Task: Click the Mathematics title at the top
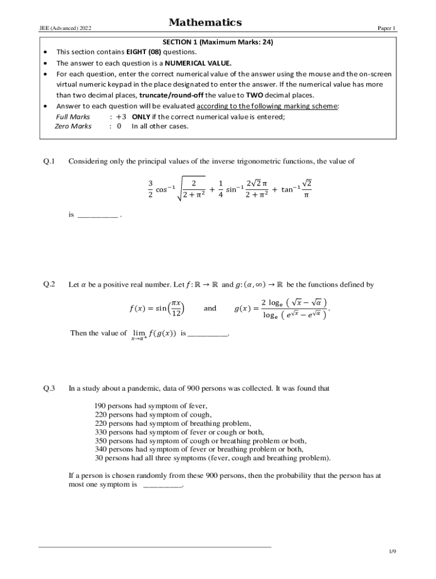[205, 23]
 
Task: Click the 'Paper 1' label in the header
[387, 28]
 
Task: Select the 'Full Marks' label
[72, 116]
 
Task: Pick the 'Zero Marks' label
[73, 126]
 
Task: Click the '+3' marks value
[121, 116]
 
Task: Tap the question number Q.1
[49, 162]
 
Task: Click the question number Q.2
[49, 284]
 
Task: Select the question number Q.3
[49, 388]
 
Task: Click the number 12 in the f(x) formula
[177, 313]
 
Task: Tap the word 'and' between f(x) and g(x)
[210, 308]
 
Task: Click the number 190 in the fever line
[100, 406]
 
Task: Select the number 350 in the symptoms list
[100, 440]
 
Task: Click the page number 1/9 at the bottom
[392, 551]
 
